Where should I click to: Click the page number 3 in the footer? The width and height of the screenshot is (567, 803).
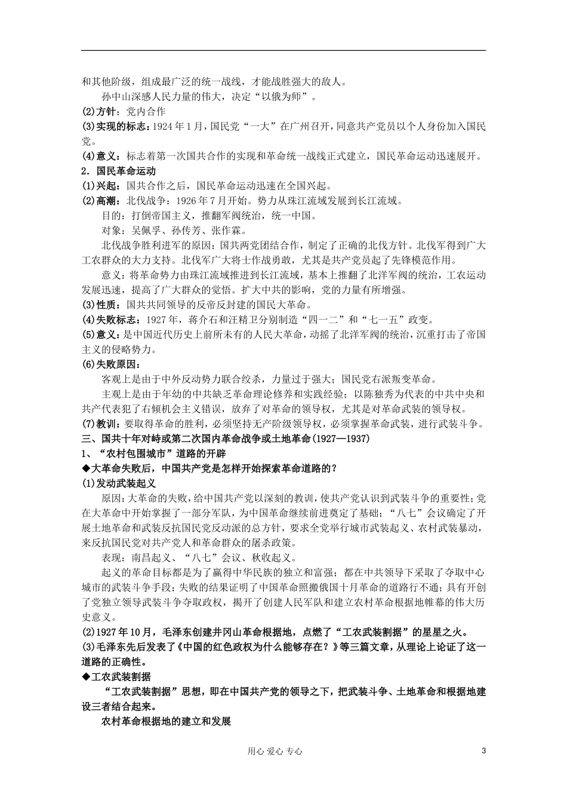(x=483, y=751)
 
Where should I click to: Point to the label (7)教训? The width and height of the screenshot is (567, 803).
(x=98, y=424)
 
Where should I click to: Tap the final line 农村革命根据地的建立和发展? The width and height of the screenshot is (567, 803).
(x=166, y=721)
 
